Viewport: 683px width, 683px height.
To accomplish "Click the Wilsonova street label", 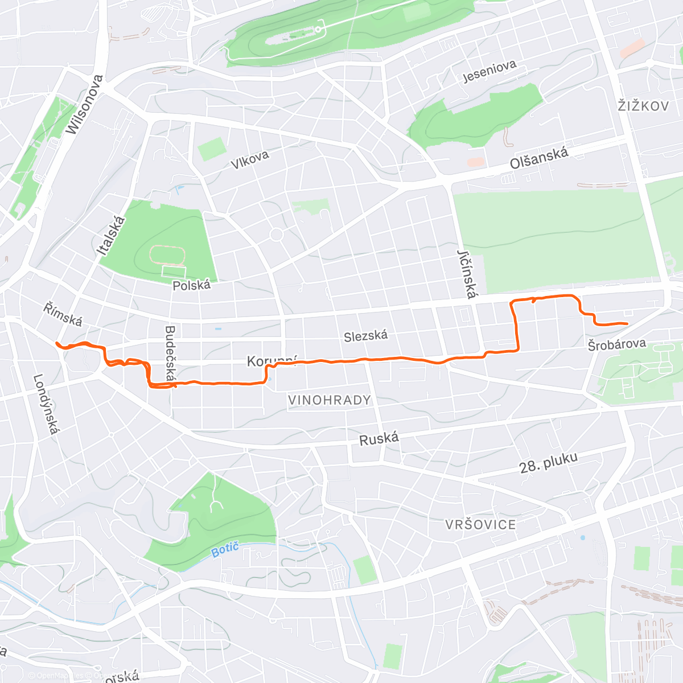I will (85, 105).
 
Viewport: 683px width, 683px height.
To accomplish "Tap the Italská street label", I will (111, 235).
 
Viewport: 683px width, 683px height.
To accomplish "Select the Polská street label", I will (191, 285).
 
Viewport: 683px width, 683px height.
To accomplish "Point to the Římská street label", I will (63, 314).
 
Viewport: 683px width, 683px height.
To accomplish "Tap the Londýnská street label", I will (46, 404).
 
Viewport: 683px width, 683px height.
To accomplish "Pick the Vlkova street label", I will (249, 160).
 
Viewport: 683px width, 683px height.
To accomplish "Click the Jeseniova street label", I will (489, 71).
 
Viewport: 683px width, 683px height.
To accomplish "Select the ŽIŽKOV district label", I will (643, 106).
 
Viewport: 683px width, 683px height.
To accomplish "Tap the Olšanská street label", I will (538, 158).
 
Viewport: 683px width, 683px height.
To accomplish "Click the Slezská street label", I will (365, 336).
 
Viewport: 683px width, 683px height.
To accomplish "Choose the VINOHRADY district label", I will (329, 400).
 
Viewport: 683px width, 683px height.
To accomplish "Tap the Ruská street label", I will (378, 439).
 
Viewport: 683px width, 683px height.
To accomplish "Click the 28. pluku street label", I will (548, 463).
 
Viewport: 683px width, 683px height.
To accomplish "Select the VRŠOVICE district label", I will (480, 524).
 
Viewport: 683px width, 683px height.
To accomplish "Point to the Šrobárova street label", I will (617, 344).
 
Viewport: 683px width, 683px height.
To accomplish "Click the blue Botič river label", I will (225, 550).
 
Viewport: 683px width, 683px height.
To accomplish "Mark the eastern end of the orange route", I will (627, 323).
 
